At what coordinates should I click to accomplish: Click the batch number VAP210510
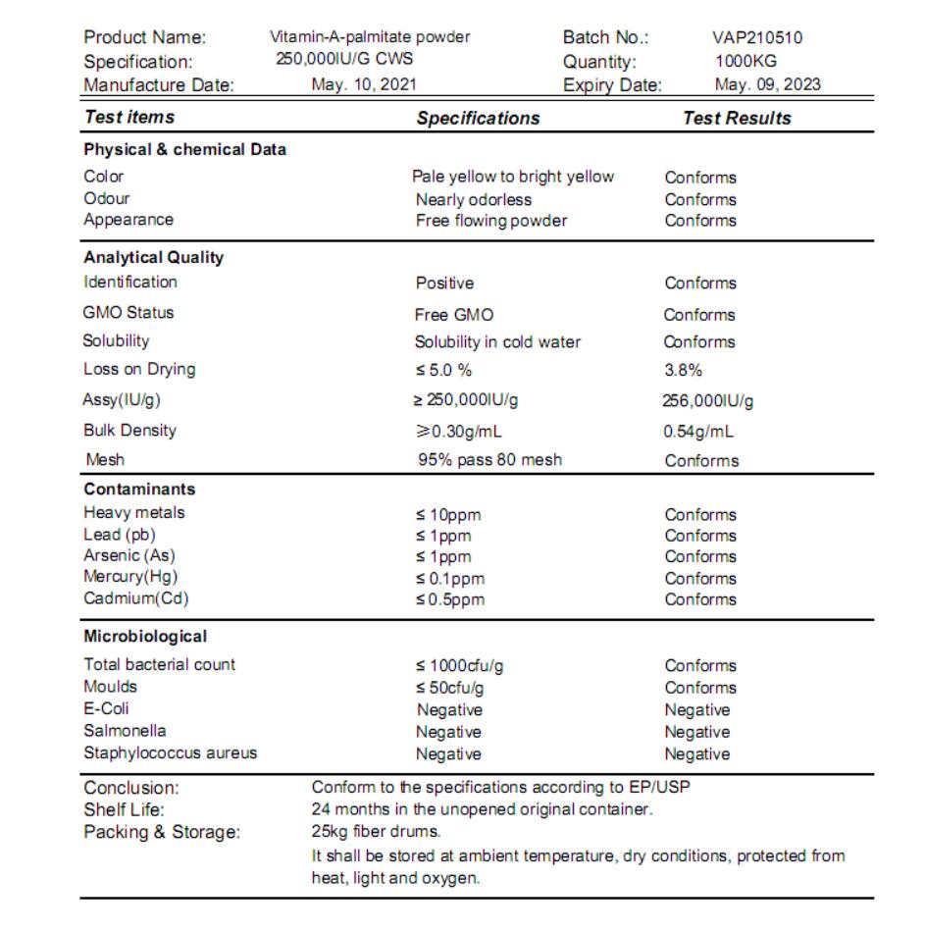click(x=756, y=38)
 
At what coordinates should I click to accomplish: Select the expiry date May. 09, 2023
click(x=767, y=84)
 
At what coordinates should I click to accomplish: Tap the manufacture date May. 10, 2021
click(x=364, y=84)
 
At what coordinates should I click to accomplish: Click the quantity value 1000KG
click(x=745, y=61)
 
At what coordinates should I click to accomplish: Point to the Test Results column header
click(x=737, y=118)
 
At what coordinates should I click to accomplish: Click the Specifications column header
click(x=478, y=118)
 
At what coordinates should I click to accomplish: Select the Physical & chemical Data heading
click(x=184, y=150)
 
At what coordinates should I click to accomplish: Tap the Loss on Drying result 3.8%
click(x=683, y=370)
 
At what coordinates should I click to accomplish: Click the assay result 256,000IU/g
click(x=708, y=400)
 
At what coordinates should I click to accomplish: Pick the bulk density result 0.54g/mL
click(x=698, y=431)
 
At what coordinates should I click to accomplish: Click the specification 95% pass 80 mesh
click(x=489, y=459)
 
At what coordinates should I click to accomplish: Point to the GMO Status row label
click(x=128, y=313)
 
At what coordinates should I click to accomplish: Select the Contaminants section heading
click(x=139, y=489)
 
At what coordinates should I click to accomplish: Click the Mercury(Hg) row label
click(x=131, y=577)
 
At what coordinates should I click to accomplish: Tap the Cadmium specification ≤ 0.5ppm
click(x=449, y=599)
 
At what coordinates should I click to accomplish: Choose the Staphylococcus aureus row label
click(x=171, y=753)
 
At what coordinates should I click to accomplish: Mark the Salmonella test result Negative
click(x=696, y=732)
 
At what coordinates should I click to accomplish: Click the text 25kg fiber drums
click(x=362, y=832)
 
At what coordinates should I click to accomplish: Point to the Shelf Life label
click(x=125, y=809)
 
